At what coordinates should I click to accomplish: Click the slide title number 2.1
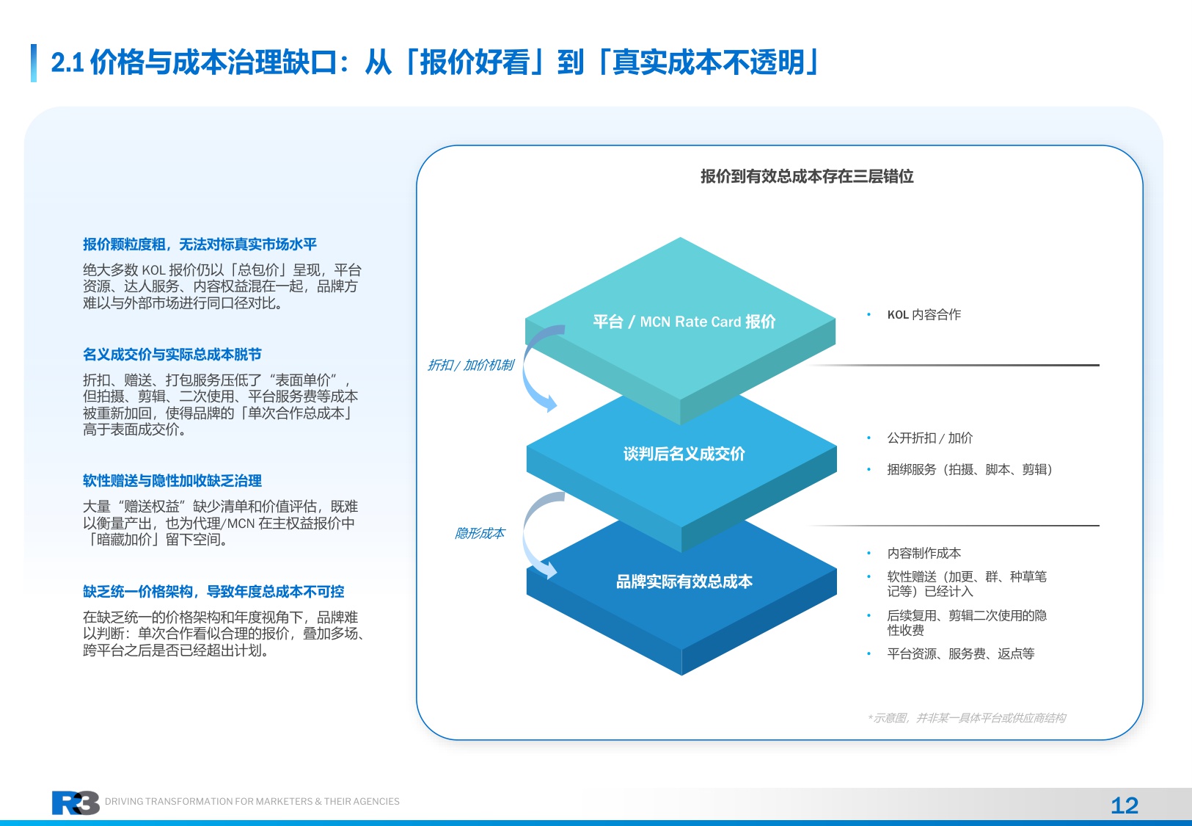coord(67,63)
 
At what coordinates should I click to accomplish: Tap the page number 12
coord(1124,805)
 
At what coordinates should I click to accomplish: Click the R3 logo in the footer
coord(75,803)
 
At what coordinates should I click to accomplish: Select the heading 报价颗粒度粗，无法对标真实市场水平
coord(200,244)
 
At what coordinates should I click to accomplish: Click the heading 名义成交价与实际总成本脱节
coord(172,355)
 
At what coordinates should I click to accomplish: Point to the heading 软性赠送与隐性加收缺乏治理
coord(172,481)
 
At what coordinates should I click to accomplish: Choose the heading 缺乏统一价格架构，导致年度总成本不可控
coord(213,592)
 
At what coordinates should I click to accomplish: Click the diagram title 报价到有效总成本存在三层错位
coord(806,176)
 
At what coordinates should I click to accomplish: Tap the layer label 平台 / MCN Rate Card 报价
coord(684,322)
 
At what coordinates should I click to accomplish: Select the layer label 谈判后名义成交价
coord(684,454)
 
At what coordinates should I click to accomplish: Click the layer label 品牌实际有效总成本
coord(684,582)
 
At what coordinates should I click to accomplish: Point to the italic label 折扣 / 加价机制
coord(470,365)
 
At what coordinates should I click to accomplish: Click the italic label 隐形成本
coord(480,533)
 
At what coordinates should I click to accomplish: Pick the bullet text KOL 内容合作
coord(924,315)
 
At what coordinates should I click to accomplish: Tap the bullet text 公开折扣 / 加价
coord(929,438)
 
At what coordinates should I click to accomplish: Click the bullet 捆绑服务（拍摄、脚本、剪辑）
coord(969,470)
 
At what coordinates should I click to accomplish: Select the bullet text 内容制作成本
coord(924,554)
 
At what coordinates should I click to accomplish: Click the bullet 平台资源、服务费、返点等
coord(960,654)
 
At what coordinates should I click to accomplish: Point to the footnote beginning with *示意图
coord(966,718)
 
